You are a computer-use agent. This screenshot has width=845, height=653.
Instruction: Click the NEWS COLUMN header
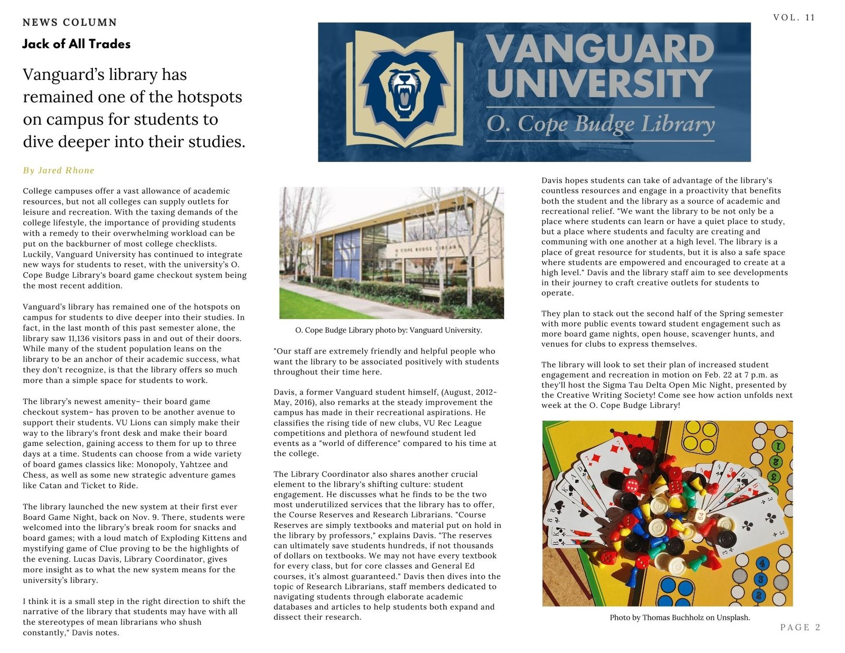point(70,22)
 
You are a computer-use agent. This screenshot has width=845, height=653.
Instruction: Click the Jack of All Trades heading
point(76,44)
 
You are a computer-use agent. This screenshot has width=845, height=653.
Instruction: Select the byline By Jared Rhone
point(59,170)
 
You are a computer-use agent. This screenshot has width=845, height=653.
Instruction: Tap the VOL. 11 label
point(794,17)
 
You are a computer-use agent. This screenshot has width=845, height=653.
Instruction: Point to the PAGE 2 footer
point(800,627)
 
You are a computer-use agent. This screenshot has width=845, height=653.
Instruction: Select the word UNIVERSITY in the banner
point(599,83)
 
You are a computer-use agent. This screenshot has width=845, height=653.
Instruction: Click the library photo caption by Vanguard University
point(388,330)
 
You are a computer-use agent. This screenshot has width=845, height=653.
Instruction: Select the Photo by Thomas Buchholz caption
point(680,617)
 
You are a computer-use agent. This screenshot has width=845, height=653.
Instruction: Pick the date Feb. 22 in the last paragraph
point(720,375)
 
